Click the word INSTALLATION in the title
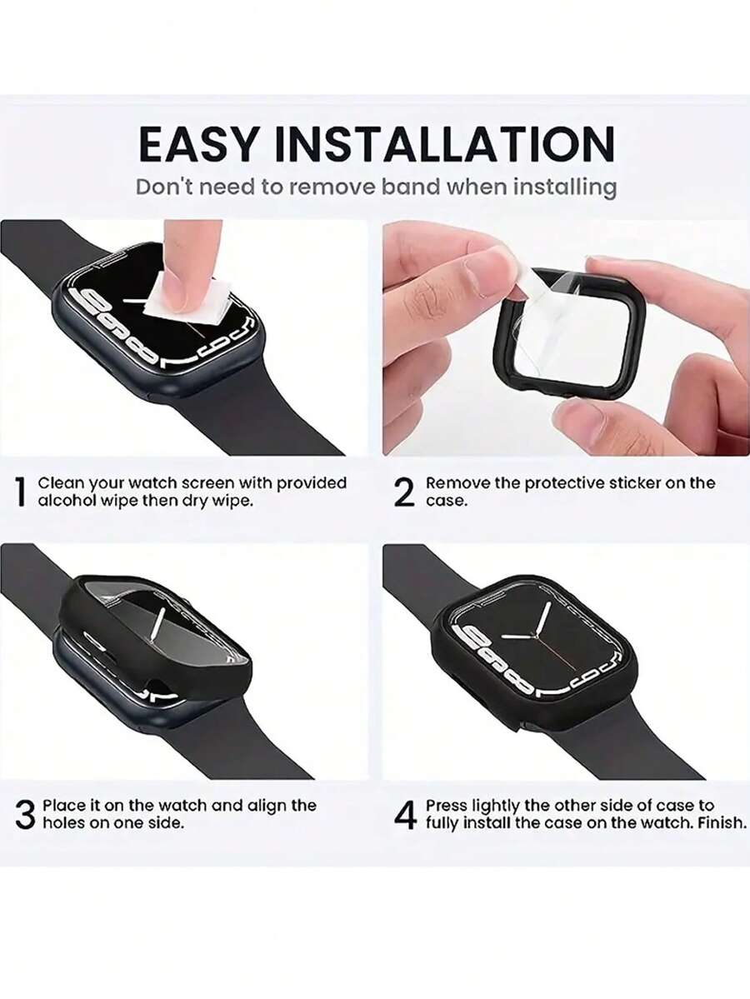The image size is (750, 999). point(444,145)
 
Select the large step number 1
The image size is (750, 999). point(21,492)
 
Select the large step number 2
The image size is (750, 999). point(404,492)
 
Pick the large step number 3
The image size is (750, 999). point(25,815)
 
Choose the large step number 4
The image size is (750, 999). point(405,815)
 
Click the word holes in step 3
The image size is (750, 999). point(63,822)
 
